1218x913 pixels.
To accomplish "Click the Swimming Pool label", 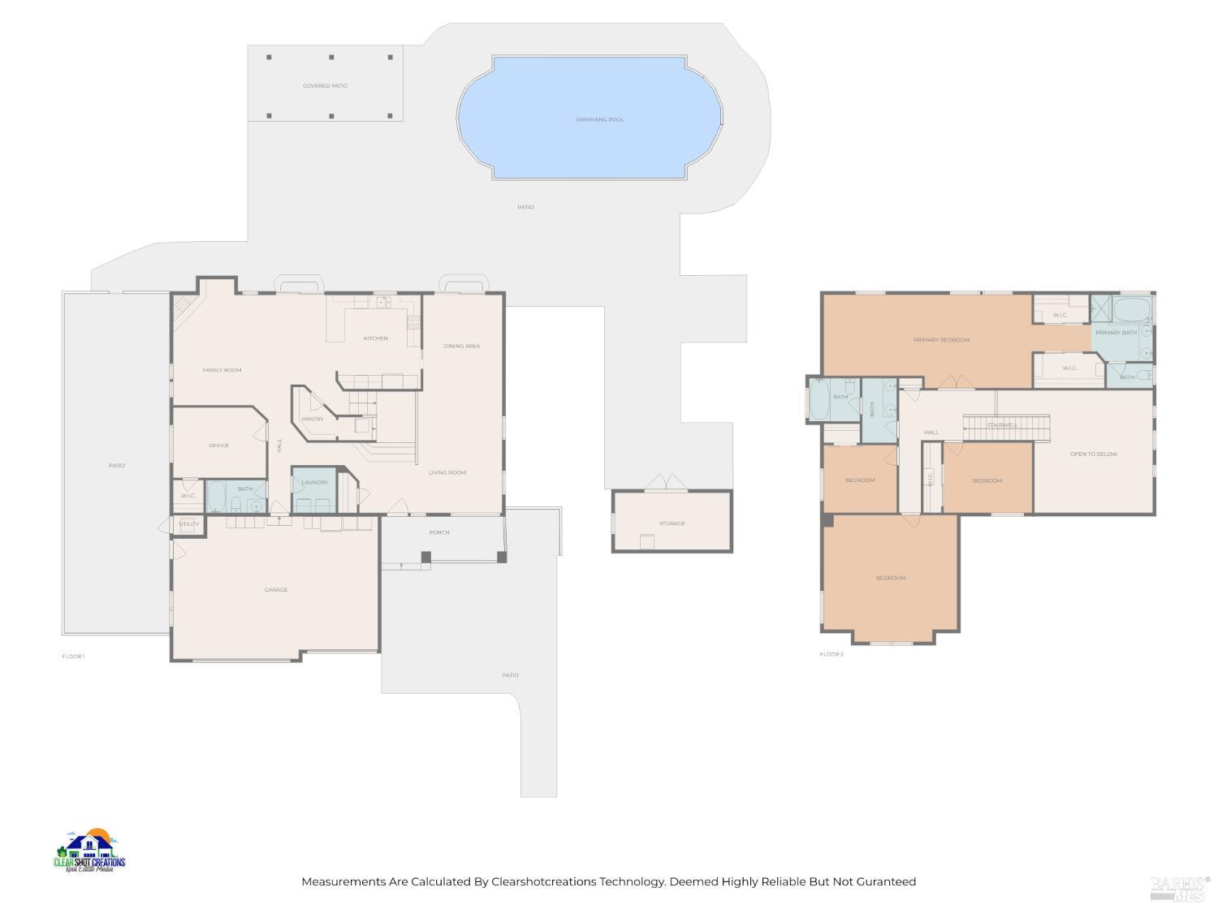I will click(x=600, y=119).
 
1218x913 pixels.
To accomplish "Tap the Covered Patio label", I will click(x=325, y=85).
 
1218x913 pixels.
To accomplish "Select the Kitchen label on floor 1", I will click(x=375, y=338).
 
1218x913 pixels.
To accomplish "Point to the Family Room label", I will click(x=222, y=370).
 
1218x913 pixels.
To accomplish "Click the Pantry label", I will click(x=313, y=419).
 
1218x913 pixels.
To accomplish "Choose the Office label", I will click(x=218, y=446).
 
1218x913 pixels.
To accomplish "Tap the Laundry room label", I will click(x=315, y=482).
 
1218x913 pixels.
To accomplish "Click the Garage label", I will click(x=276, y=590).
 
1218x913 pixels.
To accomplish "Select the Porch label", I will click(x=439, y=532).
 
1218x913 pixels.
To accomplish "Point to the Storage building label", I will click(x=672, y=523).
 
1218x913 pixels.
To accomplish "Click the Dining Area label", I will click(x=461, y=346).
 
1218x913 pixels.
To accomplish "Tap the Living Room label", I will click(x=447, y=472).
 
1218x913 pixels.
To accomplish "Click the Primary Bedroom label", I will click(x=941, y=340).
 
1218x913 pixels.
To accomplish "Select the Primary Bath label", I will click(x=1116, y=333).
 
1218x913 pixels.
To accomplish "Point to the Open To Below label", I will click(x=1094, y=454).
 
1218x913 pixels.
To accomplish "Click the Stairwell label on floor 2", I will click(x=1002, y=425).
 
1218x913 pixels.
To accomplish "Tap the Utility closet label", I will click(x=188, y=524).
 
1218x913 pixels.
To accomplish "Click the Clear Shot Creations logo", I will click(x=89, y=852).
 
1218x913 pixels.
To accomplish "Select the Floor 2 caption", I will click(x=831, y=654).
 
